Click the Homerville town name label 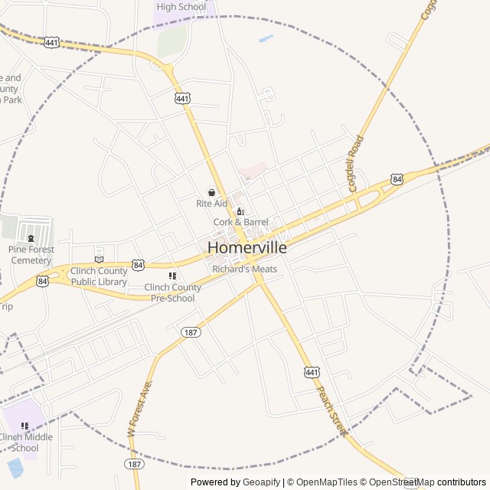coord(247,248)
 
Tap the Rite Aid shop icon coord(212,193)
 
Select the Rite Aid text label coord(212,204)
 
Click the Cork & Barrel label coord(240,222)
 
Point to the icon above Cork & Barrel coord(240,211)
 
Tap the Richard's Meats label coord(245,269)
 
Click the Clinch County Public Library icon coord(99,259)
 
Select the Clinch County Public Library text coord(99,276)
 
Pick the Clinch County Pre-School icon coord(172,276)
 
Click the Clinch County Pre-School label coord(173,292)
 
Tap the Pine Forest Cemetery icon coord(31,239)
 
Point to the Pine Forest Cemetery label coord(31,255)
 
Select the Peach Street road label coord(332,411)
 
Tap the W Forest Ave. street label coord(139,408)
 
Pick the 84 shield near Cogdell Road coord(397,179)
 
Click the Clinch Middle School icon coord(24,426)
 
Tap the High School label coord(181,7)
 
